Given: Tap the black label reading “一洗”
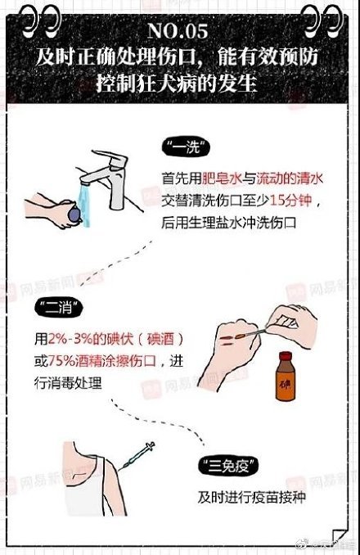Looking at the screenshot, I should click(x=183, y=149).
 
